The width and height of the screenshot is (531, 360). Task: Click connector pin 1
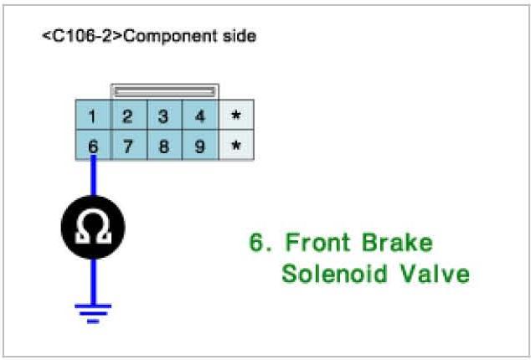[92, 116]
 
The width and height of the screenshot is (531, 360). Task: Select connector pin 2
[128, 116]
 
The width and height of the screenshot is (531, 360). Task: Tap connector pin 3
[164, 116]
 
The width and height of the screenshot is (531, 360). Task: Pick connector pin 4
[200, 116]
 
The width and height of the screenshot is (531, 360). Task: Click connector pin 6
[92, 147]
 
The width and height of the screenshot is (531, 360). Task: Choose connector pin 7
[128, 147]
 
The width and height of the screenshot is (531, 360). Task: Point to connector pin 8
[164, 147]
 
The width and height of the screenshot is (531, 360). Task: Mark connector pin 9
[200, 147]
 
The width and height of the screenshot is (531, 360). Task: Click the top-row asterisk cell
[236, 116]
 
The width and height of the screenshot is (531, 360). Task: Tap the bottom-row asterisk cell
[236, 147]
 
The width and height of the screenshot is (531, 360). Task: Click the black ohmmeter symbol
[92, 227]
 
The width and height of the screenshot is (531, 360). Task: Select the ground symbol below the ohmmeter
[92, 311]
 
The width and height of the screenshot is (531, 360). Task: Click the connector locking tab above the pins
[164, 90]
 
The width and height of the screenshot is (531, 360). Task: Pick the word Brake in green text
[398, 244]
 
